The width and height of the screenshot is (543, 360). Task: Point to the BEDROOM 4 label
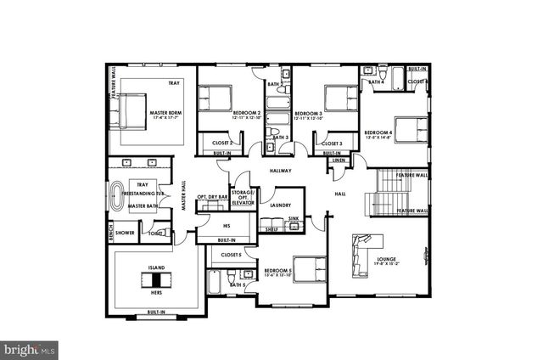point(378,133)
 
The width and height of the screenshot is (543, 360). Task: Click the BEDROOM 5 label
point(278,271)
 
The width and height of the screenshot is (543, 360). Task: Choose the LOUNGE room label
point(387,258)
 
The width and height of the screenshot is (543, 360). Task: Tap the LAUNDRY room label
point(281,205)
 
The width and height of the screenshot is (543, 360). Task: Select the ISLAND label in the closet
point(156,267)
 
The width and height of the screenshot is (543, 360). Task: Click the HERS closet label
point(156,292)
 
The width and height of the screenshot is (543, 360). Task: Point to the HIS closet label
point(227,226)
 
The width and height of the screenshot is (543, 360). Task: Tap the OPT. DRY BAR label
point(212,196)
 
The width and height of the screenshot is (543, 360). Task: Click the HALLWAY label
point(280,171)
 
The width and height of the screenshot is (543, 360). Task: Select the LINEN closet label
point(339,160)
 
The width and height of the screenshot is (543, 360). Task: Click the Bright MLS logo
point(31,348)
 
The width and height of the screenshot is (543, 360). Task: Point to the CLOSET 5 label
point(231,254)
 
